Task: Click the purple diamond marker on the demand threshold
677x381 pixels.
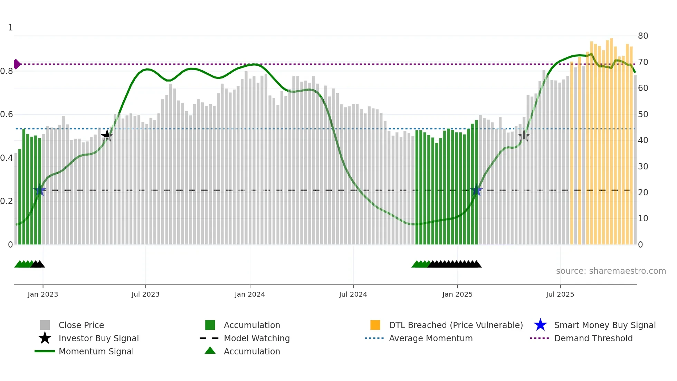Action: pyautogui.click(x=17, y=64)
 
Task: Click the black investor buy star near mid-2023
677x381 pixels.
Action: pyautogui.click(x=107, y=136)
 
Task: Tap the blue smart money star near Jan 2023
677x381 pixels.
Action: pyautogui.click(x=40, y=190)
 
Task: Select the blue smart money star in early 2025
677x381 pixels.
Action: pyautogui.click(x=476, y=190)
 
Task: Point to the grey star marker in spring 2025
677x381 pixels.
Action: pyautogui.click(x=524, y=136)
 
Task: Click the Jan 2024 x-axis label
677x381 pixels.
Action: pyautogui.click(x=250, y=294)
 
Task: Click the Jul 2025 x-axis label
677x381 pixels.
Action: pyautogui.click(x=560, y=294)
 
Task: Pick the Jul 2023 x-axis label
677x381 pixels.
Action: pyautogui.click(x=145, y=294)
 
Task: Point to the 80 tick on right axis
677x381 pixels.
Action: pyautogui.click(x=643, y=36)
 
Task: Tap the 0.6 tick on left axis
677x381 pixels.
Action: pyautogui.click(x=7, y=114)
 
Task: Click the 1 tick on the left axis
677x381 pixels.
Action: pyautogui.click(x=10, y=27)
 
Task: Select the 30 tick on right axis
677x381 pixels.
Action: pyautogui.click(x=643, y=166)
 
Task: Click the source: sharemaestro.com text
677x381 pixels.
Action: pyautogui.click(x=611, y=271)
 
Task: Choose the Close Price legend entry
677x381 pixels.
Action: pyautogui.click(x=81, y=325)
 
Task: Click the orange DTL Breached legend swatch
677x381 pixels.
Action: pyautogui.click(x=375, y=325)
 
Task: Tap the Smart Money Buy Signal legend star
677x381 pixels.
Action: pyautogui.click(x=540, y=325)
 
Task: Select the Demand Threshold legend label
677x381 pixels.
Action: pyautogui.click(x=593, y=338)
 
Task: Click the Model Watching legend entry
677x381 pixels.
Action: pyautogui.click(x=256, y=338)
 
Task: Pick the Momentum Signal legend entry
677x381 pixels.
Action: pyautogui.click(x=96, y=351)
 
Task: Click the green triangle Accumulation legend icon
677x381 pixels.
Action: pyautogui.click(x=210, y=351)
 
